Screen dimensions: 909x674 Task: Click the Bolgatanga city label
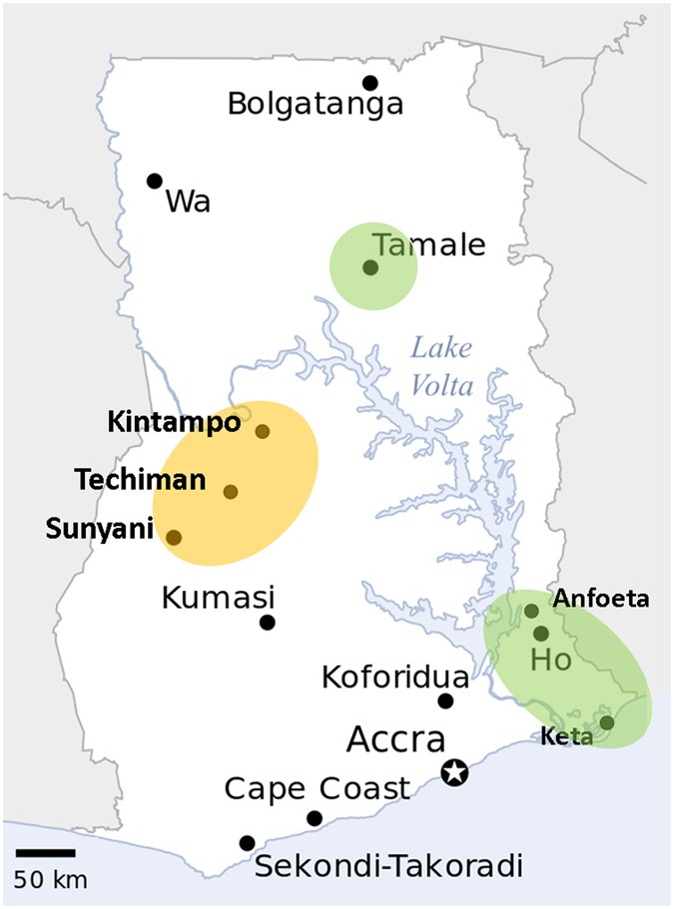[x=316, y=104]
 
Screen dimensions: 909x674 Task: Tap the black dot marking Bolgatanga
[x=370, y=83]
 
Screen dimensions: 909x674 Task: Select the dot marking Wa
[x=155, y=181]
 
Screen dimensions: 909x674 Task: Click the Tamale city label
[x=427, y=244]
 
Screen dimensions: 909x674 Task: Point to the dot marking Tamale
[x=370, y=267]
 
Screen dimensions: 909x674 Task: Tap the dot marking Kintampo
[x=263, y=432]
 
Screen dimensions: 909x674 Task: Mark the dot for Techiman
[x=231, y=491]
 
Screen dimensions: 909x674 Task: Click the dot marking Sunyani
[x=174, y=537]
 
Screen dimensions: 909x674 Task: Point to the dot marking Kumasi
[x=268, y=623]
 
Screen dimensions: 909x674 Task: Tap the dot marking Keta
[x=606, y=722]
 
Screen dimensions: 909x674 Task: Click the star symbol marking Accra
[x=454, y=772]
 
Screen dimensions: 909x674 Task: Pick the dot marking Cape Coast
[x=315, y=818]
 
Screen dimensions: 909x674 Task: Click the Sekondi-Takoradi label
[x=389, y=866]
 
